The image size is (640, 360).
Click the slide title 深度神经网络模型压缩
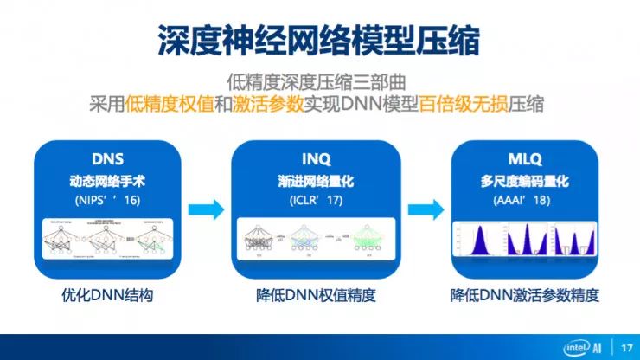[x=320, y=37]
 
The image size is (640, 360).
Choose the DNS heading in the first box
[x=108, y=159]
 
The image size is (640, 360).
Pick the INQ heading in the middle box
[x=316, y=159]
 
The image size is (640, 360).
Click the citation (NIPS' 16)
[x=108, y=201]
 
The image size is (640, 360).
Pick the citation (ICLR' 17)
[x=316, y=201]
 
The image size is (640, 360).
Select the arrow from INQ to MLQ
[x=421, y=209]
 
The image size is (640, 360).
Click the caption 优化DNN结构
[x=108, y=295]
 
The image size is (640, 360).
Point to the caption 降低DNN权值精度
[x=317, y=295]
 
